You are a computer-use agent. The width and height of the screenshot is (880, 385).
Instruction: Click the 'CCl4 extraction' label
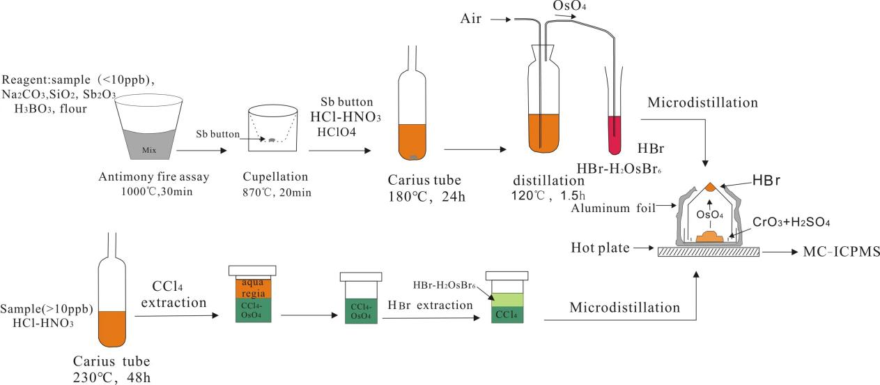[178, 295]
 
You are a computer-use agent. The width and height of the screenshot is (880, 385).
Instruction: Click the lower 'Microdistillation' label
[624, 307]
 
